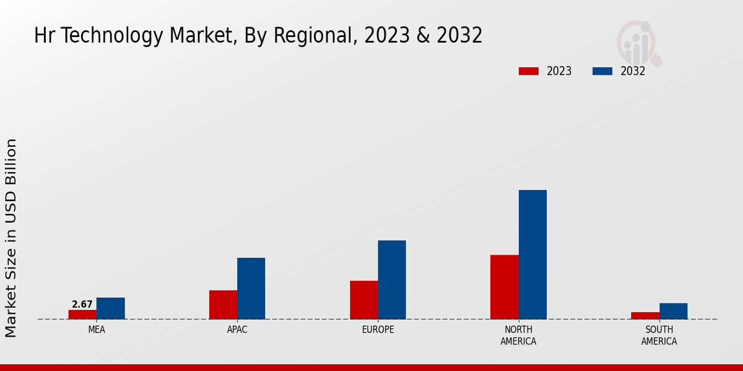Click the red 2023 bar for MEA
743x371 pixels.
tap(82, 314)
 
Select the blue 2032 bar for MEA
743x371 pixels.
tap(110, 308)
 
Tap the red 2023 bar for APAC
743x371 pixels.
tap(223, 304)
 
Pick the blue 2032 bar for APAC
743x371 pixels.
tap(251, 288)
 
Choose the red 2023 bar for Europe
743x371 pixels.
tap(363, 300)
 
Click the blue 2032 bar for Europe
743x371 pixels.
tap(392, 279)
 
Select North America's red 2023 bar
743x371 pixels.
tap(504, 287)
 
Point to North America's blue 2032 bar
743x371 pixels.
tap(532, 254)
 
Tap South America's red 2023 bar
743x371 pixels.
tap(645, 315)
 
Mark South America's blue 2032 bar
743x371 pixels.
tap(673, 311)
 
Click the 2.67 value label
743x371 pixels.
tap(82, 304)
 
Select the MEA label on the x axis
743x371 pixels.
tap(97, 330)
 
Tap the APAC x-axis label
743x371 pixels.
tap(237, 330)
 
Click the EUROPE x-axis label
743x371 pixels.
tap(378, 330)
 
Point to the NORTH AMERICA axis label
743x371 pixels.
tap(518, 335)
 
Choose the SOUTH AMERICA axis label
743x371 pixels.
tap(659, 335)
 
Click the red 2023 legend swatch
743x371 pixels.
tap(528, 71)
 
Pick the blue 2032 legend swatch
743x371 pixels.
tap(602, 71)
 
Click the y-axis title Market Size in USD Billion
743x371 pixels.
tap(11, 238)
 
